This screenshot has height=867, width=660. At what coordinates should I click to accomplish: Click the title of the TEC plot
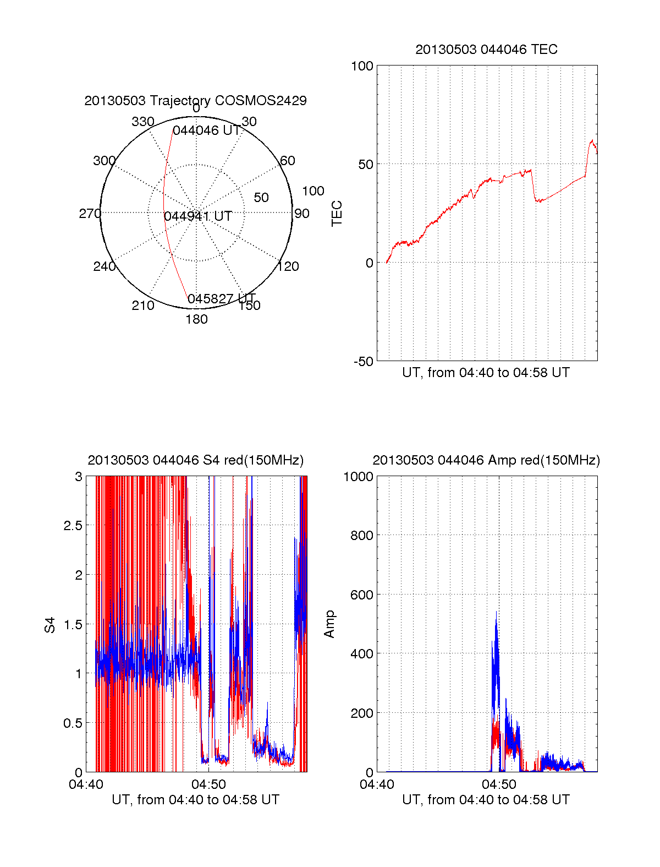coord(486,50)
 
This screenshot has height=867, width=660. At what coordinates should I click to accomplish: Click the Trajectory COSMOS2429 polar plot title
coord(195,101)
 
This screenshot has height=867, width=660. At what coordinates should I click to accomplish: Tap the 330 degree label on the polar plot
coord(143,122)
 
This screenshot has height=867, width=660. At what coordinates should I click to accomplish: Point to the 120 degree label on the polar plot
coord(288,266)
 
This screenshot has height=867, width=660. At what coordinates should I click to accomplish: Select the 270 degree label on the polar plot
coord(90,214)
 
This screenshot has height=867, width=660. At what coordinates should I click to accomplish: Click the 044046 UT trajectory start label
coord(207,131)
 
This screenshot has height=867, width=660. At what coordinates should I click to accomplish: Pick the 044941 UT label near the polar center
coord(198,216)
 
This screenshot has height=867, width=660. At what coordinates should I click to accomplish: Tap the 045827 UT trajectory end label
coord(221,299)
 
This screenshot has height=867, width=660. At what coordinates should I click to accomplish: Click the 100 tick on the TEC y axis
coord(362,67)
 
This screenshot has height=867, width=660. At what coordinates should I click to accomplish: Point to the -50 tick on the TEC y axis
coord(362,362)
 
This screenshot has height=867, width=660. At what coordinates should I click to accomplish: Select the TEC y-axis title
coord(337,214)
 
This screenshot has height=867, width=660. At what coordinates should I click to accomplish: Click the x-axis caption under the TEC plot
coord(486,373)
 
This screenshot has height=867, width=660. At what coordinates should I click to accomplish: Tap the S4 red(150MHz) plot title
coord(195,460)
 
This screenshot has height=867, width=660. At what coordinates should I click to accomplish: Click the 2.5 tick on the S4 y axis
coord(73,526)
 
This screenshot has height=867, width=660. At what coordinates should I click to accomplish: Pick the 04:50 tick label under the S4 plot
coord(208,784)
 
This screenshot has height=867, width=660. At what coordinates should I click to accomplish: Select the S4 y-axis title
coord(50,625)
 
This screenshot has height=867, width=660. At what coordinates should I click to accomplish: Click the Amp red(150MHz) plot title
coord(486,460)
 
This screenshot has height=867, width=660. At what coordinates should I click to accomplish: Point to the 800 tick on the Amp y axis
coord(362,536)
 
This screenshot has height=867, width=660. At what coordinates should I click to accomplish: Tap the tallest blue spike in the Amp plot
coord(496,612)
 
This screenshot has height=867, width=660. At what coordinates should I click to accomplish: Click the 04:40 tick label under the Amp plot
coord(377,784)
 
